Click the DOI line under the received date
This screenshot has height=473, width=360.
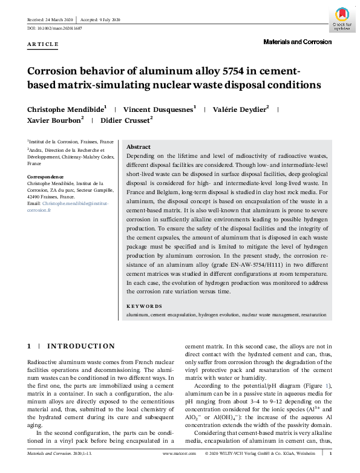54,28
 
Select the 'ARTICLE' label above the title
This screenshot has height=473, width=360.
42,44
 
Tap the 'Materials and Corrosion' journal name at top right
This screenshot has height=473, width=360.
297,42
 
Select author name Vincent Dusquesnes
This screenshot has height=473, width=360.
159,109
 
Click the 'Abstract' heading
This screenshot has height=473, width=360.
139,147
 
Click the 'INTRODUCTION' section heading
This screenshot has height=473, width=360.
81,346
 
